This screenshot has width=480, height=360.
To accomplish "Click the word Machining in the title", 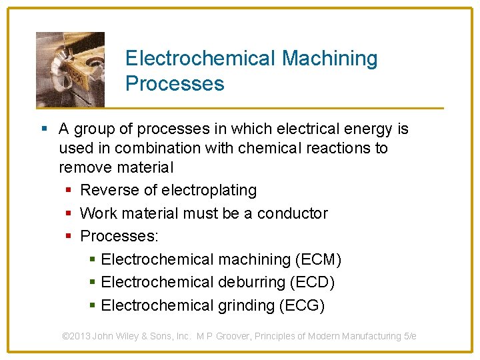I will coord(329,59).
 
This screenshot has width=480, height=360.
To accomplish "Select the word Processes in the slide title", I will coord(175,84).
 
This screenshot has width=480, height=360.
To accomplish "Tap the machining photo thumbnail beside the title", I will coord(70,69).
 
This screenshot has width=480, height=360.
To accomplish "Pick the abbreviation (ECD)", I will coord(312,282).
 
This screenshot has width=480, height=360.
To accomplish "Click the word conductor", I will coord(293,213).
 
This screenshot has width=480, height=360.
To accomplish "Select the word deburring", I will coord(251,282).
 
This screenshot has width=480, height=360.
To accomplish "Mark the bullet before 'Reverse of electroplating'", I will coord(69,191).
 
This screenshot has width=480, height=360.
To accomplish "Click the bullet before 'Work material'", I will coord(69,213).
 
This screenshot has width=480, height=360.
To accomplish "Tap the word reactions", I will coord(334,148).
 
